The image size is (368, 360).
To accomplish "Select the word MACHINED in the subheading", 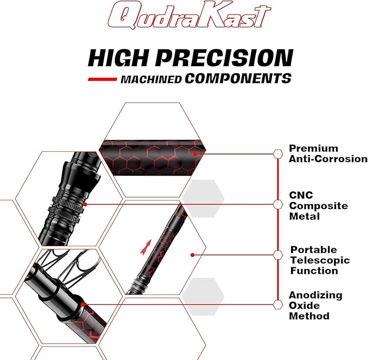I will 151,79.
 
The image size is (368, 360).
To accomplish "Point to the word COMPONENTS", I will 237,79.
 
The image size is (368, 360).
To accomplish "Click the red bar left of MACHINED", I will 102,79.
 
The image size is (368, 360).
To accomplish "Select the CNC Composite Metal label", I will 318,205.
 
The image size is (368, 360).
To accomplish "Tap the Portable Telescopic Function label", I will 320,260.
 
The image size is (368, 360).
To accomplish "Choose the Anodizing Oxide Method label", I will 315,305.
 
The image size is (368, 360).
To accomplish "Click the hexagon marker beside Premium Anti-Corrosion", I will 278,153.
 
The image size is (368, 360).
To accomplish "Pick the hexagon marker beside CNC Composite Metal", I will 278,204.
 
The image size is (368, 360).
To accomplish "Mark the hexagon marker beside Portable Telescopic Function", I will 278,254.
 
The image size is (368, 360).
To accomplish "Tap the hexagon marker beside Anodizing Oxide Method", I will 278,304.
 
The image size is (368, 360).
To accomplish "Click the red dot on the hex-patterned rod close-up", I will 194,154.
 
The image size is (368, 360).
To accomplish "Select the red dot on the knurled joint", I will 85,204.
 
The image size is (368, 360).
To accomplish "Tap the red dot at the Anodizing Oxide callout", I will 82,304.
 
